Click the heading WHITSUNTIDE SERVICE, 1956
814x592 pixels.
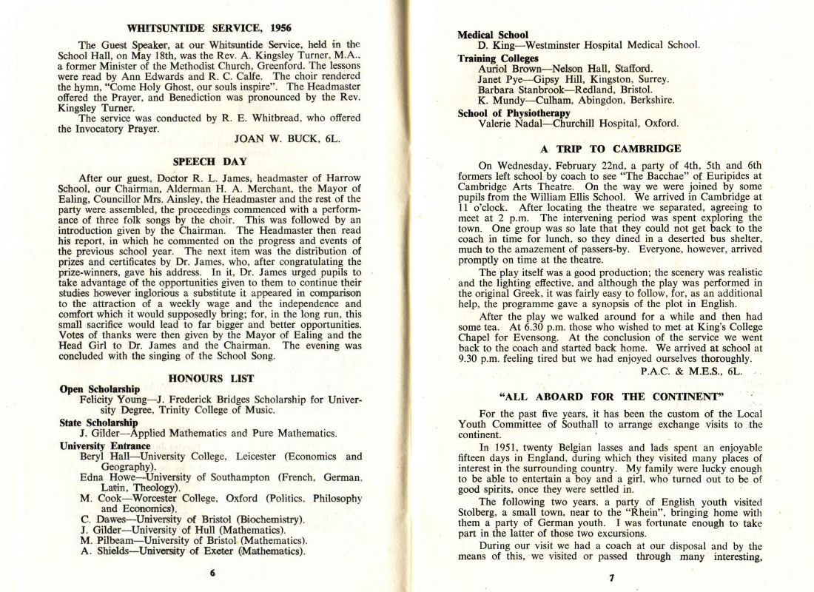209,29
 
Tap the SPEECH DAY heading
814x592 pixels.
209,161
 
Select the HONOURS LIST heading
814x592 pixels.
211,378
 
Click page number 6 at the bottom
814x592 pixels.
212,572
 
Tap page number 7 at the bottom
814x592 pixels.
612,578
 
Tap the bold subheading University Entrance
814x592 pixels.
105,446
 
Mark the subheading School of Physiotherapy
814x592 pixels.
514,113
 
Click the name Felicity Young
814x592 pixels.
113,400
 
